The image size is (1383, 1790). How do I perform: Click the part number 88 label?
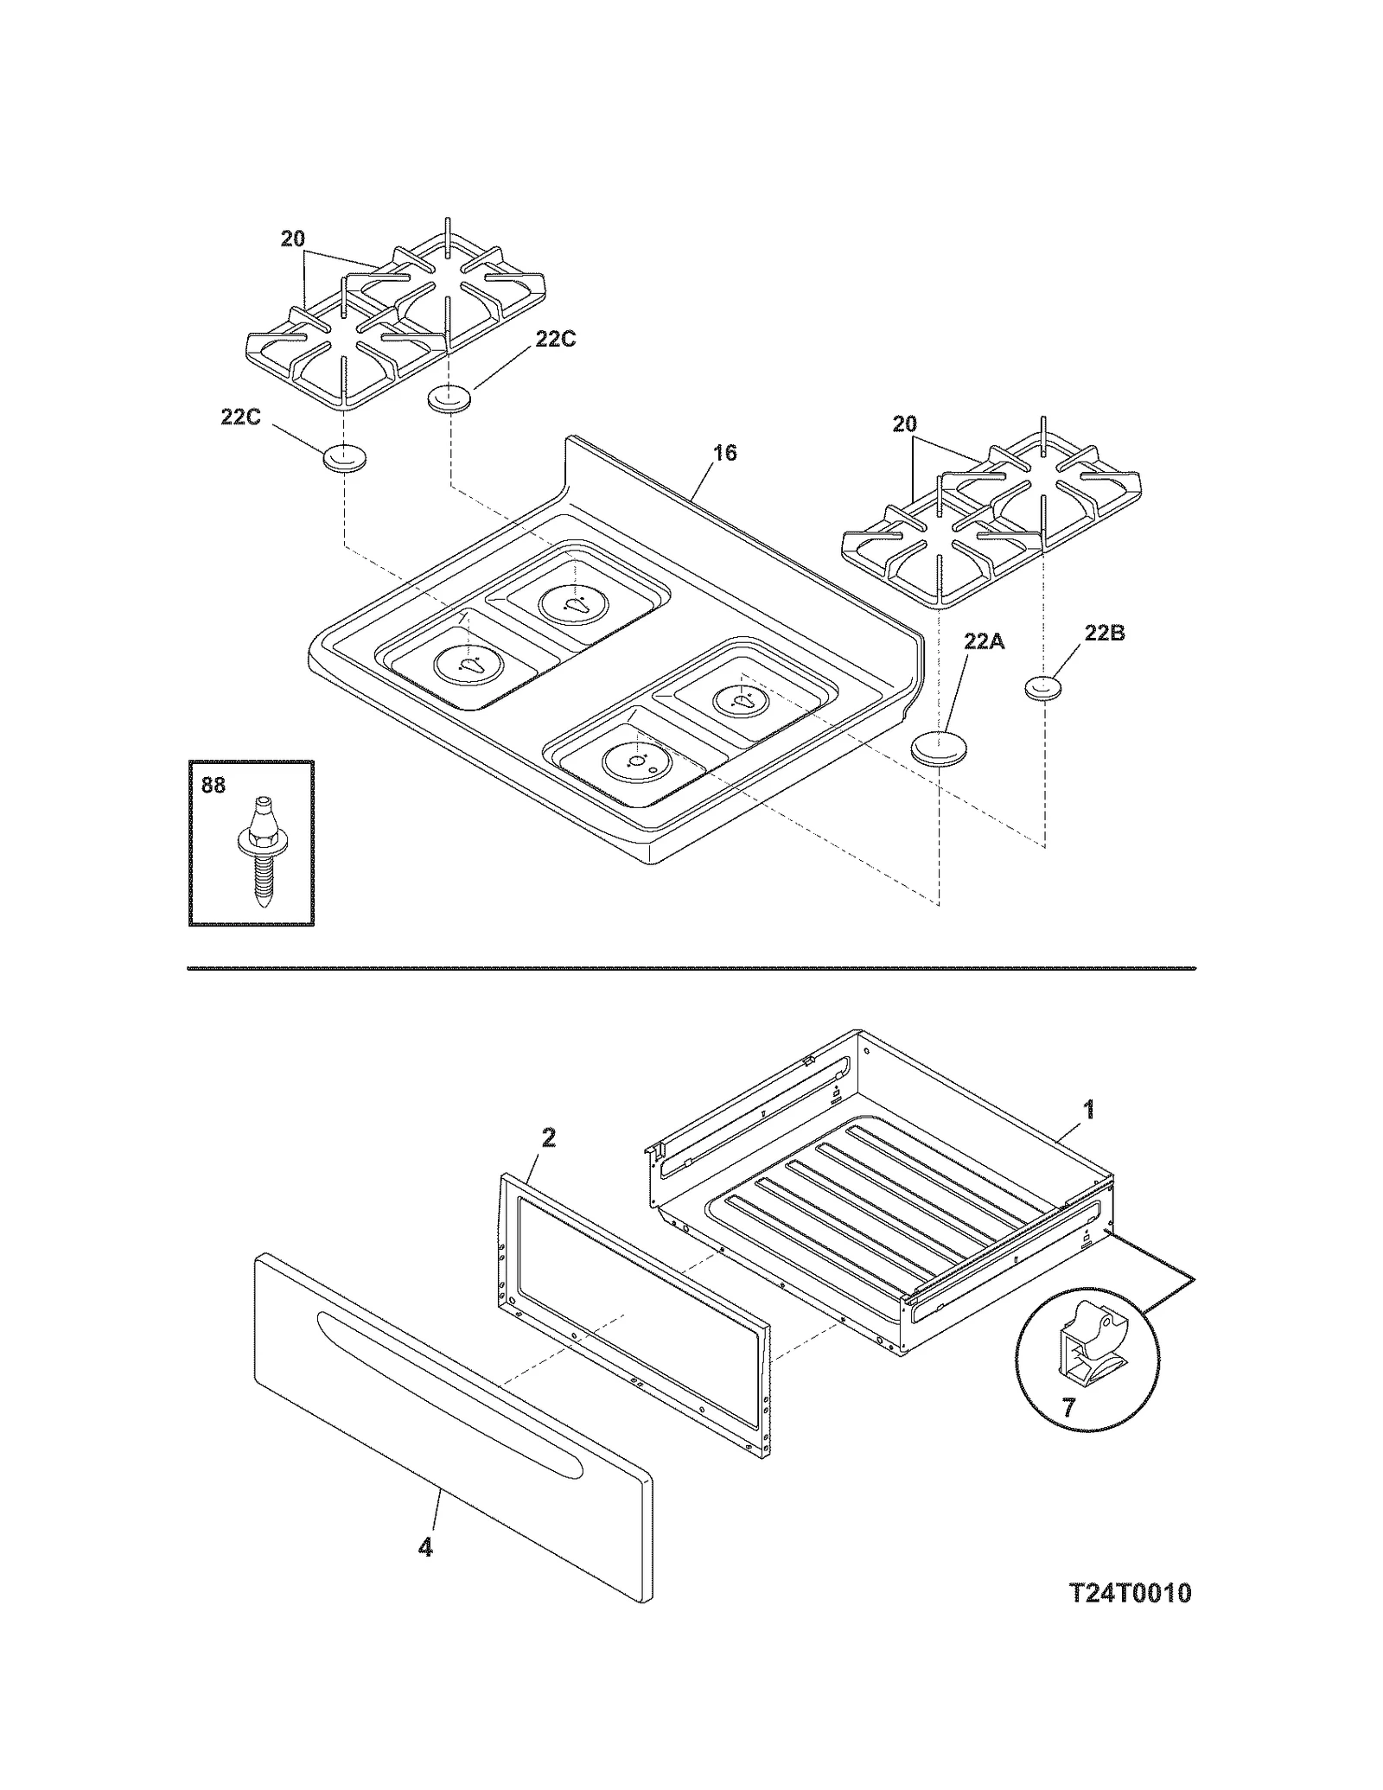[x=213, y=785]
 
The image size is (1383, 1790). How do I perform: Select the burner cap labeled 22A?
[x=939, y=748]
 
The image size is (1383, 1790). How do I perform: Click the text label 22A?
[x=985, y=641]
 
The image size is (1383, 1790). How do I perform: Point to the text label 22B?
[x=1105, y=634]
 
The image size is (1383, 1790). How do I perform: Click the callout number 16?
[x=724, y=453]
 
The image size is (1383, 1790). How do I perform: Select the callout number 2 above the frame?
[x=548, y=1138]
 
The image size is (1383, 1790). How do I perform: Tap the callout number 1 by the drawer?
[x=1089, y=1109]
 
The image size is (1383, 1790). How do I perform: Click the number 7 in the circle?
[x=1068, y=1408]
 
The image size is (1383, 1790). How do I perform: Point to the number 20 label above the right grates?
[x=904, y=424]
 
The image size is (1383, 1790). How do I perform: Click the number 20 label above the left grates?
[x=293, y=239]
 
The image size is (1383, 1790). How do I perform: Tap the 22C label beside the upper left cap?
[x=555, y=340]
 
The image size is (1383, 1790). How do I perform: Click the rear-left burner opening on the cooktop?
[x=574, y=603]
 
